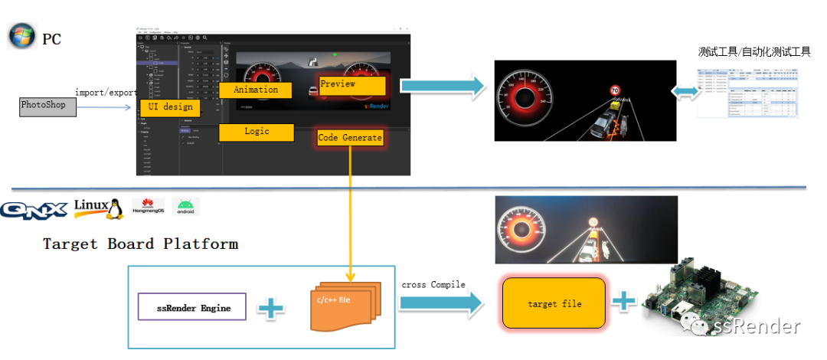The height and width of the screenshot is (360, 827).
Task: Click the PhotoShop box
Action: (47, 106)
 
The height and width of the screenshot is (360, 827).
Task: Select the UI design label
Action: (170, 107)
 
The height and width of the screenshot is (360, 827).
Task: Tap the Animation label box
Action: (257, 90)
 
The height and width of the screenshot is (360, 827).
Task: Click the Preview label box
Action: (352, 85)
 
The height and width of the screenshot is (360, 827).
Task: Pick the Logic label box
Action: (257, 132)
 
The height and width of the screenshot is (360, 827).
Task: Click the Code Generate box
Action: (350, 138)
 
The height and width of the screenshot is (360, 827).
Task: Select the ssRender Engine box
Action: (191, 308)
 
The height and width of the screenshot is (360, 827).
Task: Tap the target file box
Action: (554, 303)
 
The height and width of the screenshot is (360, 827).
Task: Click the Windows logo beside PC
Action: (21, 36)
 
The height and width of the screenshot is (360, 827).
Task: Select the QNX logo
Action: (34, 208)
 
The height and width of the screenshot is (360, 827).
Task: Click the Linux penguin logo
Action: (99, 208)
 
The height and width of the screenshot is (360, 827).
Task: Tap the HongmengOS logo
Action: (149, 207)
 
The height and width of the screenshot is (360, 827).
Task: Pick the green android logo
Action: (186, 207)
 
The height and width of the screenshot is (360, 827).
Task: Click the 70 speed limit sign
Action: (614, 90)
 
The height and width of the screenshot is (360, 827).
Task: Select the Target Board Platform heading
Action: (140, 244)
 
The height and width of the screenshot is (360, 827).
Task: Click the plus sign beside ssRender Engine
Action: (270, 308)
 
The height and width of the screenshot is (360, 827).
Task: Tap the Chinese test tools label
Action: (753, 52)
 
